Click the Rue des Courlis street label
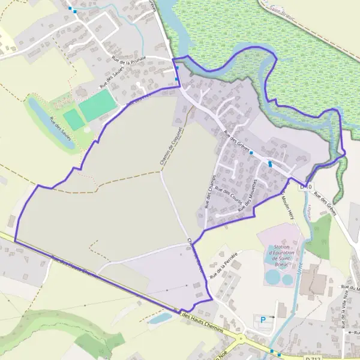[227, 197]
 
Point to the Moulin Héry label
[288, 202]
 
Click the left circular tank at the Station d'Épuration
[272, 277]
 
